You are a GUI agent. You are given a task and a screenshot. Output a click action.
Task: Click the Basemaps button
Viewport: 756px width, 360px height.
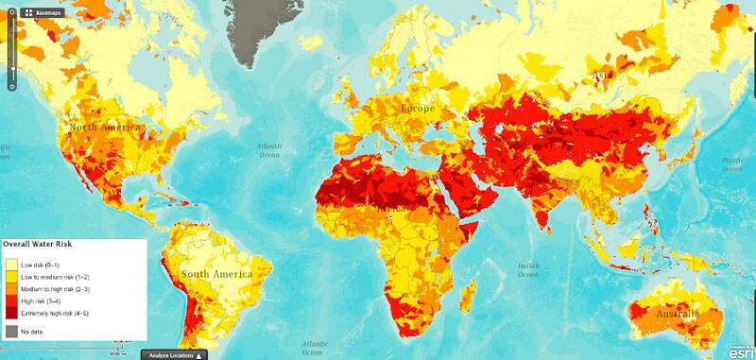click(x=43, y=13)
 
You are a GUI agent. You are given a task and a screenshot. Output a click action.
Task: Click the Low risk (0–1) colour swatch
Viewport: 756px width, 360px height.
click(x=11, y=263)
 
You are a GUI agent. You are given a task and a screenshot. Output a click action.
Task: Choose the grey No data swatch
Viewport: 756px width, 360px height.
click(x=11, y=331)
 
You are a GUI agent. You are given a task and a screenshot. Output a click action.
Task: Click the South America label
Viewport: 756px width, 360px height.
click(x=220, y=274)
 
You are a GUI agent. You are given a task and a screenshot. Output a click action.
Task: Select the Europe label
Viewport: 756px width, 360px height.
click(x=417, y=109)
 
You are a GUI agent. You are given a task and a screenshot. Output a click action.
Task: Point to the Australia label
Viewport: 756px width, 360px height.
click(x=672, y=313)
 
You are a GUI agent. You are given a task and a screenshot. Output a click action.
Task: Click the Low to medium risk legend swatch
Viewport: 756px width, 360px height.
click(x=11, y=275)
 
